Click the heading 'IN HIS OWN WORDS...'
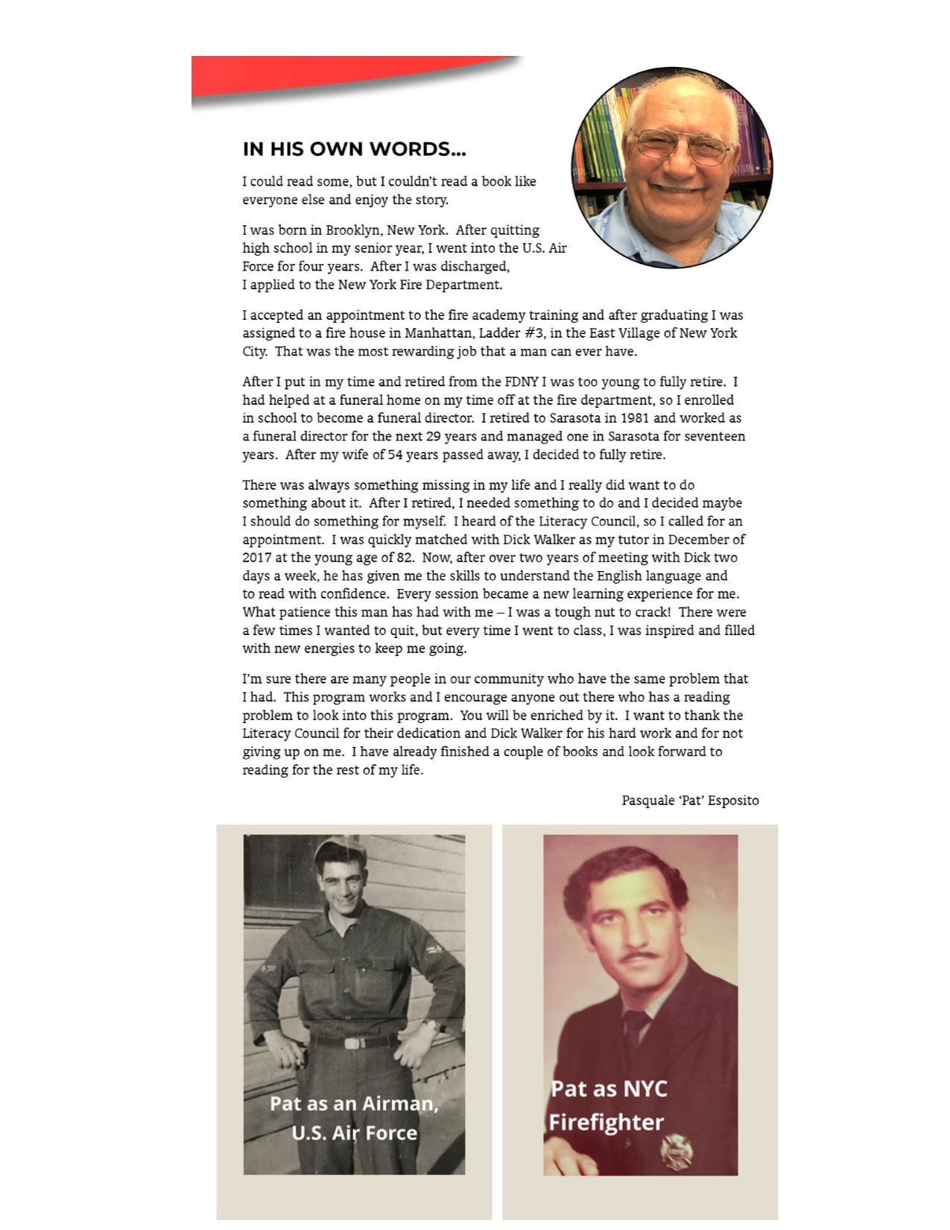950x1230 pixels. (354, 149)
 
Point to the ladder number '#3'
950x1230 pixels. (534, 333)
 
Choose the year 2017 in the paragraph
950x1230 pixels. (257, 558)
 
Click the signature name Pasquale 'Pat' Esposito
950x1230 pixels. (690, 801)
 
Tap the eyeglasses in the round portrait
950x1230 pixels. (680, 145)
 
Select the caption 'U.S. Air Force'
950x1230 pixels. (354, 1133)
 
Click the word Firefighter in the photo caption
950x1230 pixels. (607, 1122)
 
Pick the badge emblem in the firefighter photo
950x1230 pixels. (677, 1150)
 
